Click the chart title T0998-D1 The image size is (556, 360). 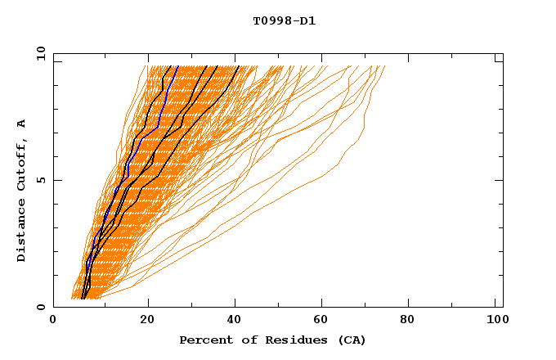[284, 21]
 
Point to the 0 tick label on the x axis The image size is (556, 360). [53, 322]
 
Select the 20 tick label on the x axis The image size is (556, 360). [147, 322]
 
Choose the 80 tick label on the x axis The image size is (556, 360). [412, 322]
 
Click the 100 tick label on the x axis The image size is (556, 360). [495, 322]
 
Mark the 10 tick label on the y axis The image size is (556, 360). [40, 53]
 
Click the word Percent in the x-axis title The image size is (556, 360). [204, 340]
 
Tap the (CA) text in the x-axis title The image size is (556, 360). [349, 340]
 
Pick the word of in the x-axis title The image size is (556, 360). [243, 340]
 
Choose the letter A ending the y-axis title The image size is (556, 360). [22, 123]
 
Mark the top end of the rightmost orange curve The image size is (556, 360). [384, 66]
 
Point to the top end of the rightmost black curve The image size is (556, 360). [238, 66]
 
